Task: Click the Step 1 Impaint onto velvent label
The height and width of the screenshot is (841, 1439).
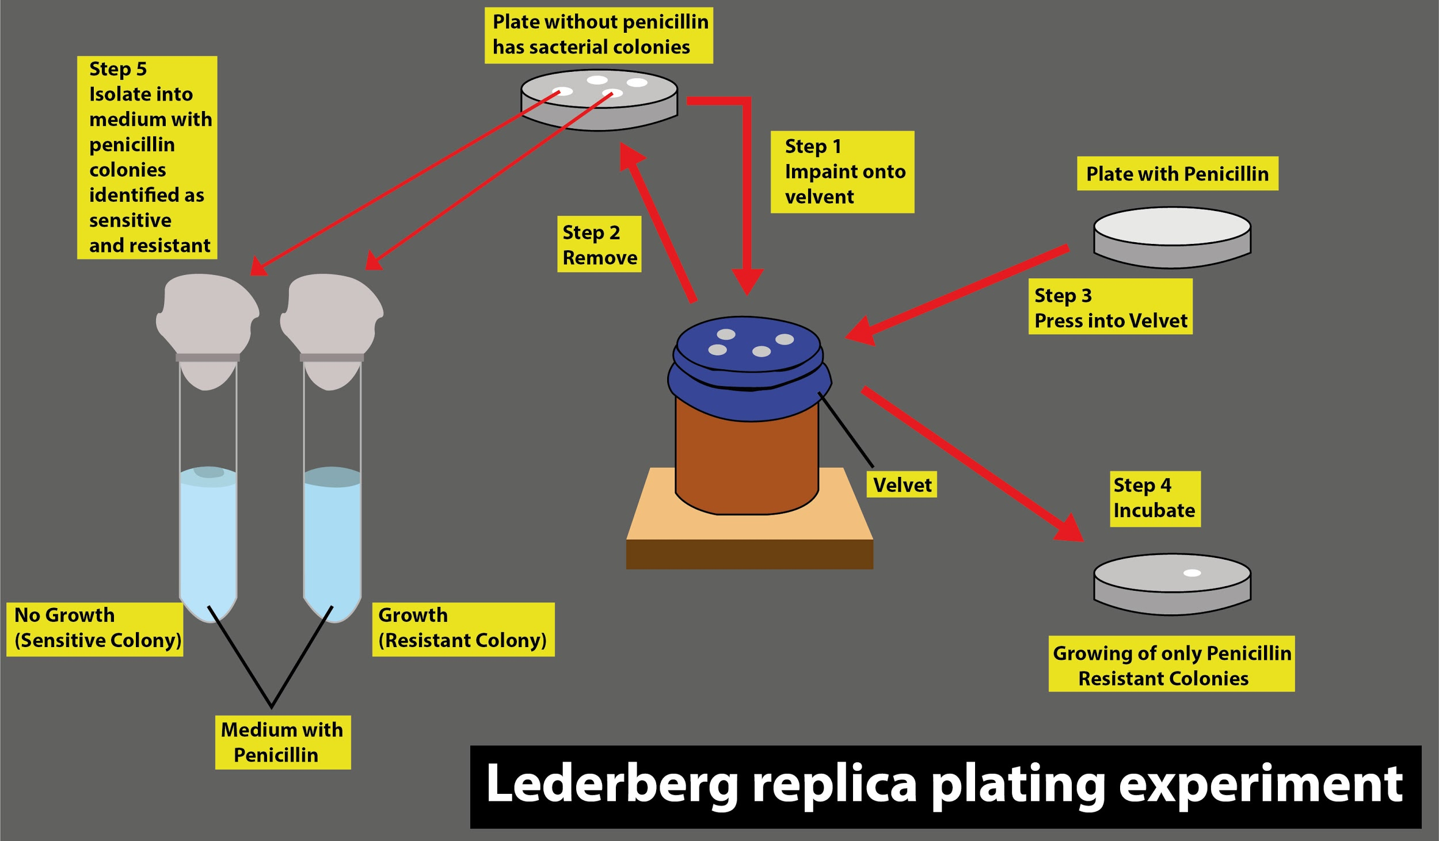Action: pos(842,171)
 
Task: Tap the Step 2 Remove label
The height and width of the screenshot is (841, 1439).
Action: pos(599,244)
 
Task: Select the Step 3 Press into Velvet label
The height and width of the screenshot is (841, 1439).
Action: pos(1110,307)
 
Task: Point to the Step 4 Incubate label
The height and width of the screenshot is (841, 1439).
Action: pos(1155,498)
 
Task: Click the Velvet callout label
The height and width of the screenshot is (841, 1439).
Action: pos(901,484)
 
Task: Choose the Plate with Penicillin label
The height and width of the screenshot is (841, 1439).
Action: pos(1177,173)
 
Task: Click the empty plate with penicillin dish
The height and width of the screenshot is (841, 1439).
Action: pos(1172,236)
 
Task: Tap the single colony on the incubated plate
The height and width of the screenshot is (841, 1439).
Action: pos(1192,572)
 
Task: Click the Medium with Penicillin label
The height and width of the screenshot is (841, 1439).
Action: pos(283,742)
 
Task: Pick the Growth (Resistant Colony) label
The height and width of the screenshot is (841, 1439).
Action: pos(463,628)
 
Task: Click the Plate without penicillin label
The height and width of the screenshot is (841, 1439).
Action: pos(599,35)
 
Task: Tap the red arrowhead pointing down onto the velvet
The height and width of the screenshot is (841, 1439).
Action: pos(747,281)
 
